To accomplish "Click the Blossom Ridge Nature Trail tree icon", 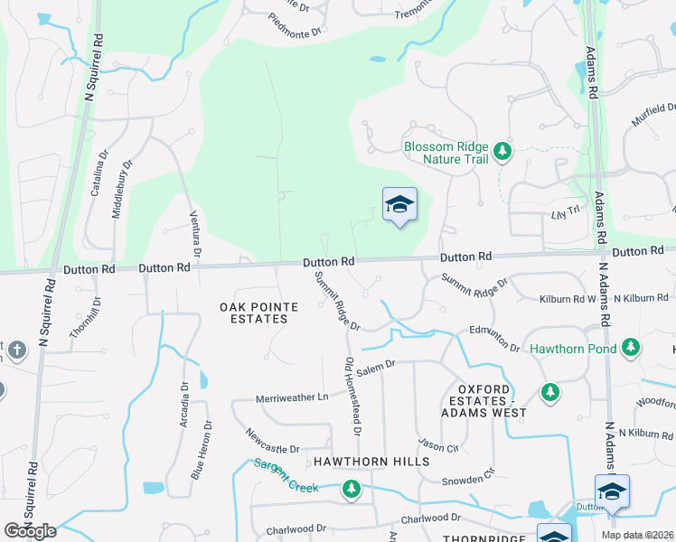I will pos(502,151).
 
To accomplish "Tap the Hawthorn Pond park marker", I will pos(631,348).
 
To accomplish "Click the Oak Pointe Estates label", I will pos(258,313).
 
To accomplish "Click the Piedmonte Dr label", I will pos(295,24).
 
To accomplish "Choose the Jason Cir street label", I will pos(439,445).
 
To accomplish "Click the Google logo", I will pos(31,530).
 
